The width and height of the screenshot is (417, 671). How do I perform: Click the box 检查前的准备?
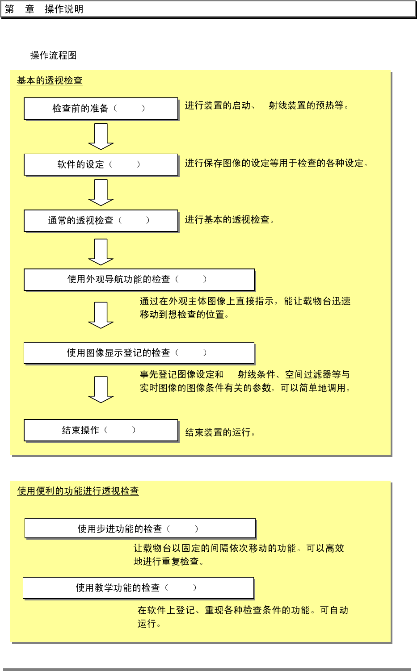(x=101, y=109)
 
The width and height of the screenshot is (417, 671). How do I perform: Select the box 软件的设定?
(x=101, y=164)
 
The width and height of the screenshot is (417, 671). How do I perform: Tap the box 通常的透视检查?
(x=101, y=221)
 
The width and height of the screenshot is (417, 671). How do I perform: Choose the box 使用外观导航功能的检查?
(x=139, y=280)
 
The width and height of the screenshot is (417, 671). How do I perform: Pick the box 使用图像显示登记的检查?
(x=139, y=353)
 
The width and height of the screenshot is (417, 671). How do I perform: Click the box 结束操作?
(x=101, y=430)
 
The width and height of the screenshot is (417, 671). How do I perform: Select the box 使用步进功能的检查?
(x=140, y=528)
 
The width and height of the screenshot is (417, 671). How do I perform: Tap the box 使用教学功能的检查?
(x=138, y=588)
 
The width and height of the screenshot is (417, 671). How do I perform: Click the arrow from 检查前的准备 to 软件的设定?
(x=101, y=136)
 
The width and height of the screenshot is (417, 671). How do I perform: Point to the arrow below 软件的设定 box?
(x=101, y=193)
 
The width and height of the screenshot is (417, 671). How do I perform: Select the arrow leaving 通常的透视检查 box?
(x=101, y=252)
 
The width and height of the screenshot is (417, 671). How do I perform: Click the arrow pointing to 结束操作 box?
(x=101, y=390)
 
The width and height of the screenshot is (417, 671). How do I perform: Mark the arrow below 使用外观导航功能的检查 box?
(x=101, y=315)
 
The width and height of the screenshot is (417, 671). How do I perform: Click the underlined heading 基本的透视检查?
(x=50, y=80)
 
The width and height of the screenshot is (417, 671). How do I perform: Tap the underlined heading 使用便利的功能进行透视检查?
(x=78, y=491)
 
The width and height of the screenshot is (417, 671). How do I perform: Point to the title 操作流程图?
(x=54, y=55)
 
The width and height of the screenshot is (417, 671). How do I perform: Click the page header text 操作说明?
(x=64, y=9)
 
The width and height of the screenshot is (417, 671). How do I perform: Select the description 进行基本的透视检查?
(x=229, y=220)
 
